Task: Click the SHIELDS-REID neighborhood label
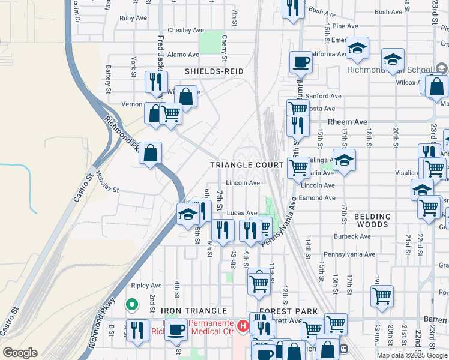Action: [x=214, y=71]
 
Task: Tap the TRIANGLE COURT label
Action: [x=247, y=165]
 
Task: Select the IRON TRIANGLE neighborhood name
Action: [x=194, y=311]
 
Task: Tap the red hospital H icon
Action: [x=243, y=326]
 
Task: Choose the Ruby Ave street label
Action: [x=133, y=18]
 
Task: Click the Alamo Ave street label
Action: [x=179, y=54]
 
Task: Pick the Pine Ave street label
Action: [x=345, y=26]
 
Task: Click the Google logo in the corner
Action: [x=20, y=353]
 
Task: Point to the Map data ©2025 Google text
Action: [x=412, y=355]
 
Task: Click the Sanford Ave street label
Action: [x=324, y=96]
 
